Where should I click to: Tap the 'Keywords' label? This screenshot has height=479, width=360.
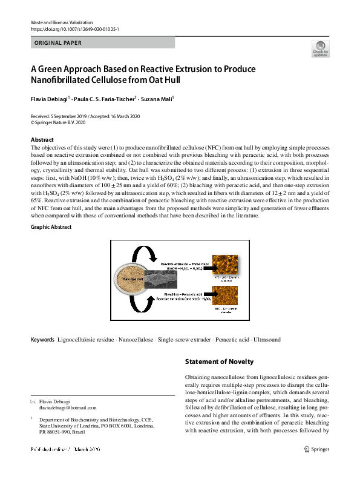tap(42, 340)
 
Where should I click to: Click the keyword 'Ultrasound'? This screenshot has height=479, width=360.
tap(266, 340)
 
